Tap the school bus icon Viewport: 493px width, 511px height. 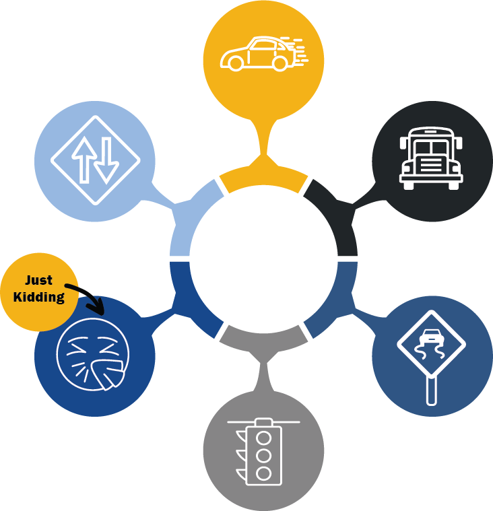click(431, 158)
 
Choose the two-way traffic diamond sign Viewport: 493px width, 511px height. click(95, 160)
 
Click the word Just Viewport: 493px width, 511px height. click(39, 281)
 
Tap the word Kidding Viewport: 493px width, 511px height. click(39, 296)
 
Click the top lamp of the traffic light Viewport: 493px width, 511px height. click(264, 437)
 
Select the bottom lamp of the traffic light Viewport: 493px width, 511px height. click(264, 473)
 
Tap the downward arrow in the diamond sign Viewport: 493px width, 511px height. click(106, 162)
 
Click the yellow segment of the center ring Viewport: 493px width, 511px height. click(263, 178)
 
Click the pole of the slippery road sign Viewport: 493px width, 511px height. click(432, 390)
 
